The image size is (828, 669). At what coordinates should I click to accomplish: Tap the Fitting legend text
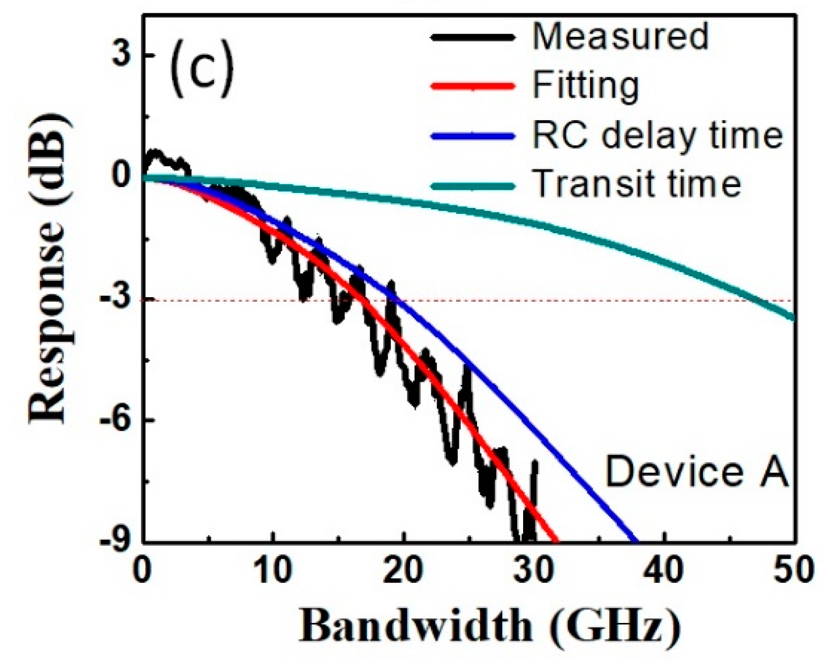point(586,86)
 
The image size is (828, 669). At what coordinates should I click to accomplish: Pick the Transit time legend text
point(637,183)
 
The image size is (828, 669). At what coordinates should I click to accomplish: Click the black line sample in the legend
point(473,37)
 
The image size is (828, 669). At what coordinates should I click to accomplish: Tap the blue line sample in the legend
point(473,135)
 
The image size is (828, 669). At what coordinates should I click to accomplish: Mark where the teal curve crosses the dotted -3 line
point(759,301)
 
